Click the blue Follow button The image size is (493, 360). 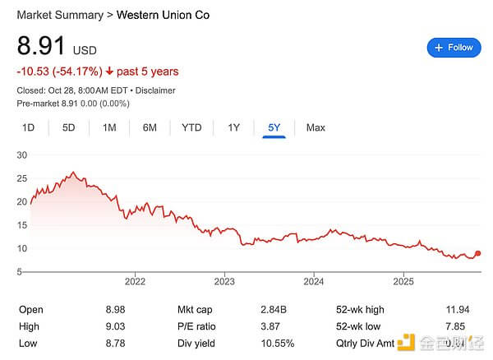(x=454, y=48)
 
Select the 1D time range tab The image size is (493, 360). (x=28, y=127)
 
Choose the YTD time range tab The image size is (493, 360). (x=191, y=127)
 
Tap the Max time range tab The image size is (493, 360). (x=316, y=127)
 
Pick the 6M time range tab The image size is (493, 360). (x=150, y=127)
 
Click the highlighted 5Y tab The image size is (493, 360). (x=274, y=127)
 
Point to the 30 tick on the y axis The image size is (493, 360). (x=22, y=155)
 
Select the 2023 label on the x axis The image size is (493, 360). (x=224, y=281)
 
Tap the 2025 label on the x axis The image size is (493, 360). (x=403, y=281)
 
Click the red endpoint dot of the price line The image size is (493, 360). (x=478, y=254)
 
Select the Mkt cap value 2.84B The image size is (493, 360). (x=279, y=310)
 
